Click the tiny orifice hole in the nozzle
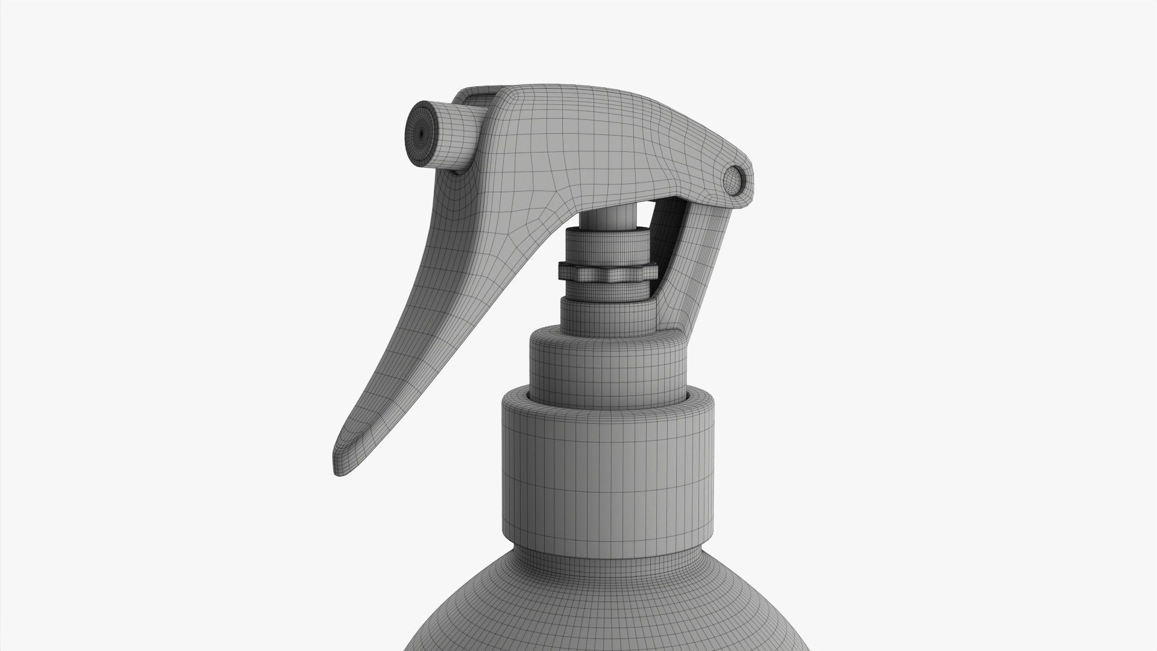(420, 134)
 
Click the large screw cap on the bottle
(609, 458)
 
